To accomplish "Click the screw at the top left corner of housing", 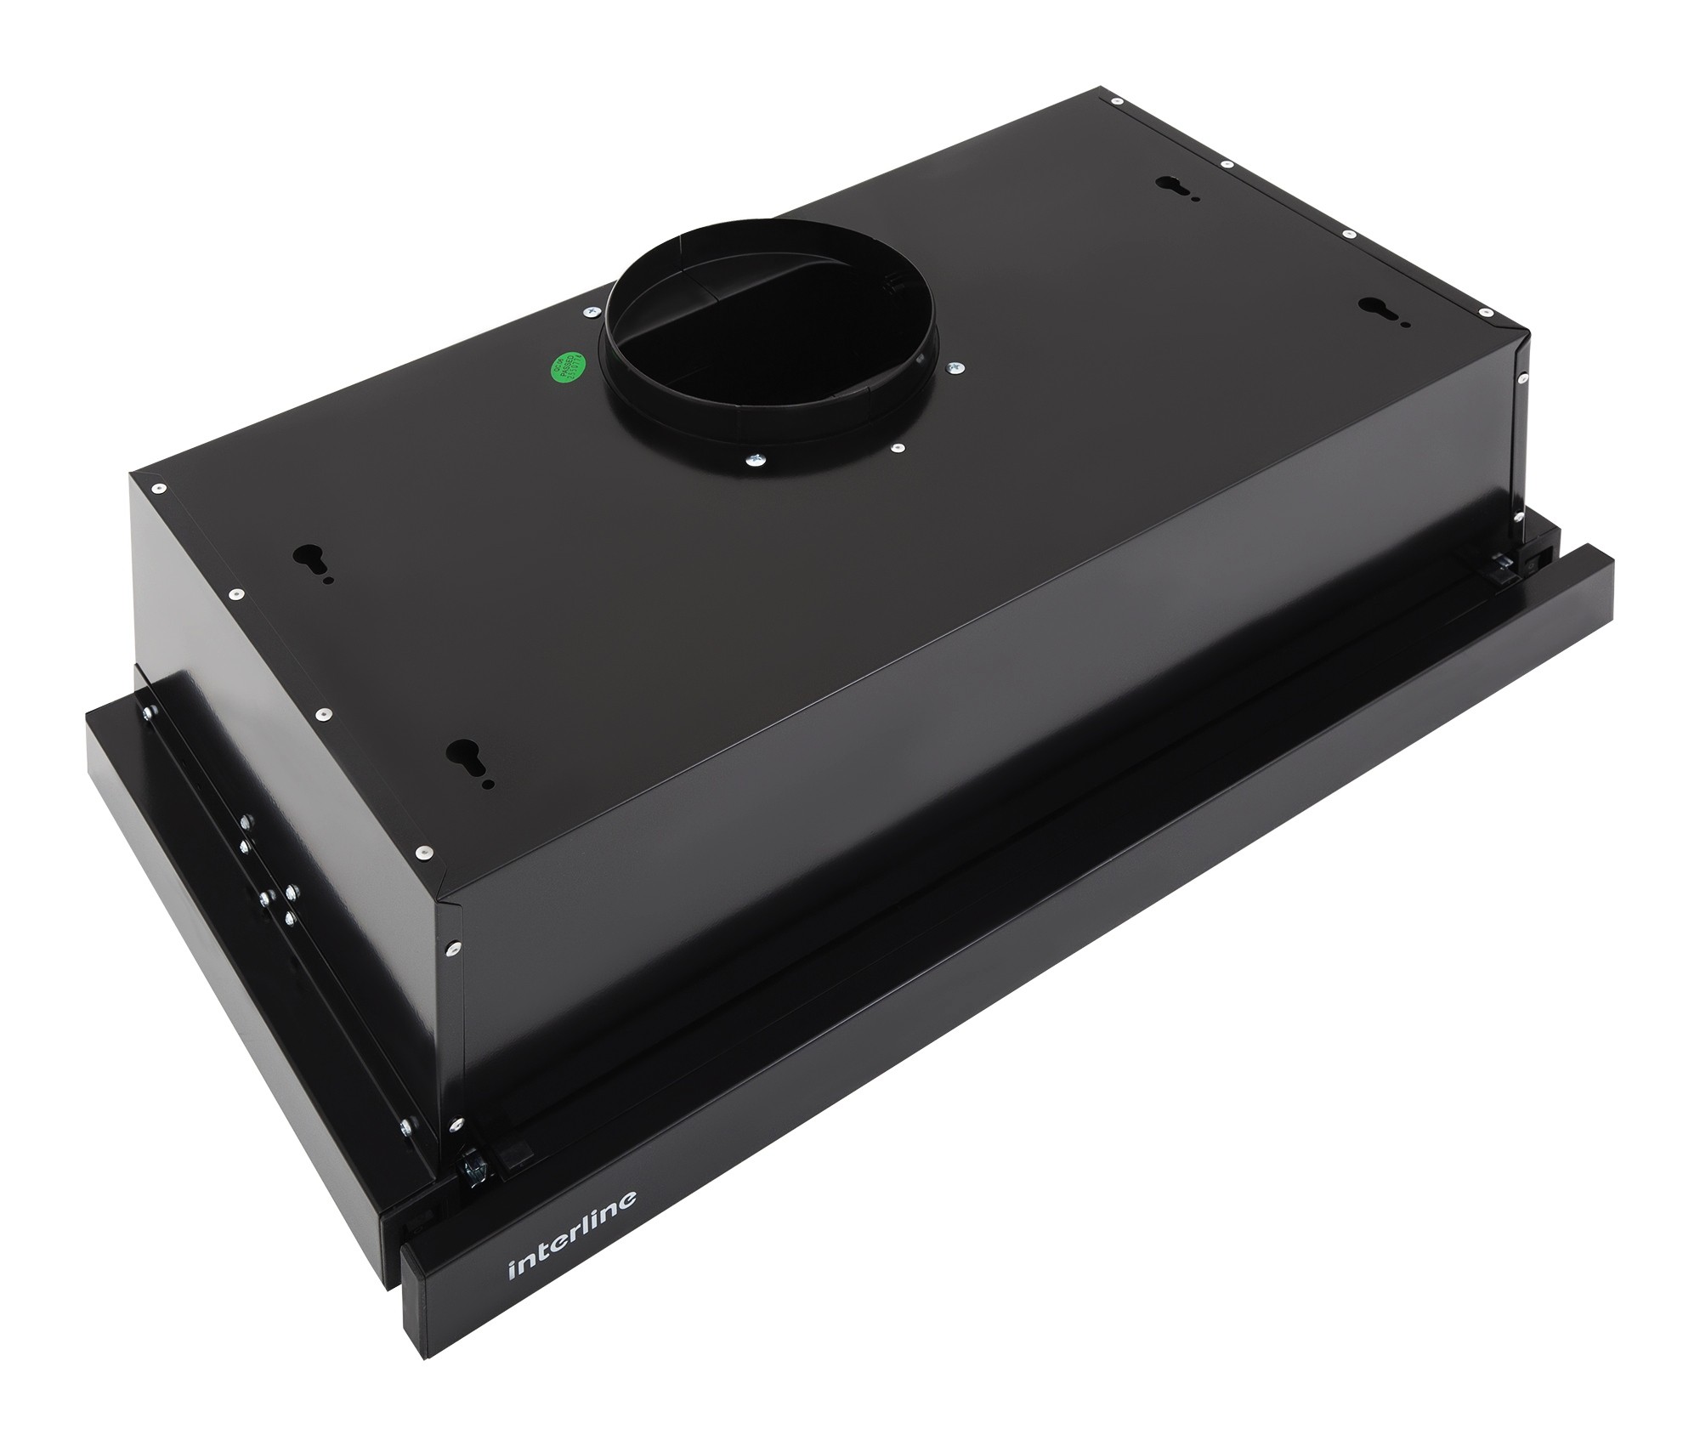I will click(157, 488).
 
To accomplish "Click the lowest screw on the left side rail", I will click(405, 1126).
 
